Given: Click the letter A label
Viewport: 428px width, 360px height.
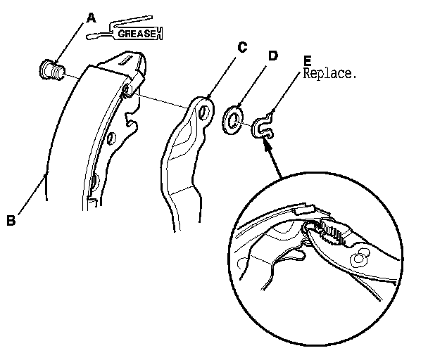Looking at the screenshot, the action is point(91,15).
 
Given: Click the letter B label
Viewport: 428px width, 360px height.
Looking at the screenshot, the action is point(11,220).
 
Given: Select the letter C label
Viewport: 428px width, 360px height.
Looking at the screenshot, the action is point(241,48).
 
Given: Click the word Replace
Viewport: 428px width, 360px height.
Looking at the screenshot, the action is point(329,72).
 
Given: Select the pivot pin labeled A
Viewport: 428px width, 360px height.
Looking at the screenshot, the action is point(51,70).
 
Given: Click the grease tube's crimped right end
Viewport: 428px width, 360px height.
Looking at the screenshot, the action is point(160,32).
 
